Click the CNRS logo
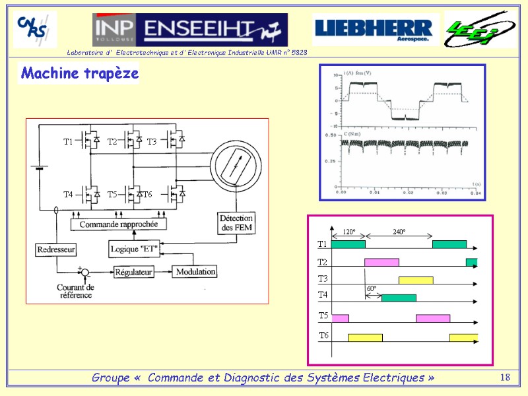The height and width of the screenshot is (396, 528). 35,29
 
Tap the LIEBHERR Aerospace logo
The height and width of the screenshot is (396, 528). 374,29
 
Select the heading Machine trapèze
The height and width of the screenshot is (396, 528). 79,73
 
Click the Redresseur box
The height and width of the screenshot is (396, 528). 55,249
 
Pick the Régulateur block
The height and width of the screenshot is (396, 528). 134,271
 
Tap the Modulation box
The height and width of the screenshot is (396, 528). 195,271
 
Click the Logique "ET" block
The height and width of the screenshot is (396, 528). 133,248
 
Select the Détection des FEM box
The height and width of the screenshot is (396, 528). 236,223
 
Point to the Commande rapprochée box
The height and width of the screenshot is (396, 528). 119,224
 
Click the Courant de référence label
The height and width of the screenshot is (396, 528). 75,291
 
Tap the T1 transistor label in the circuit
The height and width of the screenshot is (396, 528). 68,142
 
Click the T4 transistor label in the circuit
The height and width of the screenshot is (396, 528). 68,195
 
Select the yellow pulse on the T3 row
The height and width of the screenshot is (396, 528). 416,280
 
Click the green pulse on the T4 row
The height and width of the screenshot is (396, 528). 399,298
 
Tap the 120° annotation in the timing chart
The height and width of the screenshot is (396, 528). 348,232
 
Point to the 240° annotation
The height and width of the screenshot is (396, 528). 399,232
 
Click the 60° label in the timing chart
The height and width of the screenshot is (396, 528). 372,289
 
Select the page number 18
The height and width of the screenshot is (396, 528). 506,378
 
